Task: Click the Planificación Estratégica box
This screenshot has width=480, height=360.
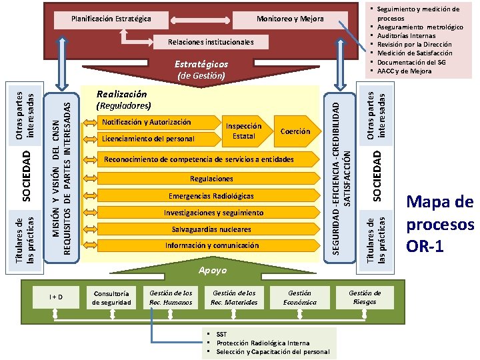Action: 111,19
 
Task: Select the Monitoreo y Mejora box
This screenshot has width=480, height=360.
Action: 289,19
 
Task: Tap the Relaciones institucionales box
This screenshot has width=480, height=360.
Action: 211,42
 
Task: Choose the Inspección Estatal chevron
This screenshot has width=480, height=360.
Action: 244,131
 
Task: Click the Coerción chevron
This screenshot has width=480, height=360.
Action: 295,131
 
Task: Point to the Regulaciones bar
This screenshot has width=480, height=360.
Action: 211,179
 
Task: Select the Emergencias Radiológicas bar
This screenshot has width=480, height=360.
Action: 211,196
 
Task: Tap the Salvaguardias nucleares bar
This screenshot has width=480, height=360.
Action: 211,229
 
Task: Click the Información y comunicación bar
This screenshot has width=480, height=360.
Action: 211,245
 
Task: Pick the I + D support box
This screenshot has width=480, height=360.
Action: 56,297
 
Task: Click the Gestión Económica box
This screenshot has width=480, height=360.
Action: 299,297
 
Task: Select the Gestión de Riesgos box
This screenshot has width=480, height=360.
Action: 365,297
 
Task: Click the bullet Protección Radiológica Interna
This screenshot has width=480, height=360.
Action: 263,343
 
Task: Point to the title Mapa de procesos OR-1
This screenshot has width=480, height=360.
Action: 439,223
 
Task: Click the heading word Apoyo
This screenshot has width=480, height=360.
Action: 213,271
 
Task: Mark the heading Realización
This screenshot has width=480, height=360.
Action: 121,95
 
